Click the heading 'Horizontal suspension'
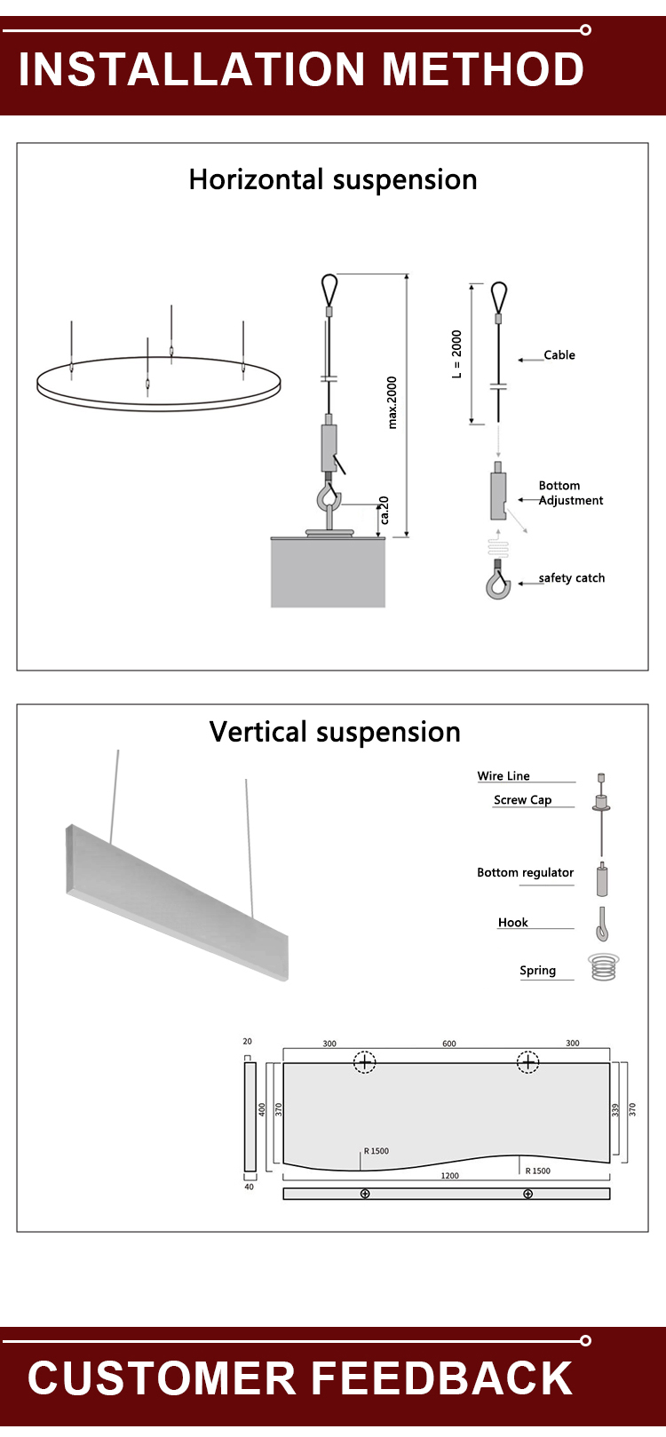click(x=333, y=180)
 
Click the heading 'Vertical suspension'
click(x=335, y=732)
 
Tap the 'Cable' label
click(x=559, y=355)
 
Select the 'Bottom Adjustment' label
click(x=570, y=493)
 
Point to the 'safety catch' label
click(x=572, y=578)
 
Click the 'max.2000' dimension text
click(x=392, y=402)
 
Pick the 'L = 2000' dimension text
click(x=457, y=354)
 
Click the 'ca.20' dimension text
click(x=385, y=510)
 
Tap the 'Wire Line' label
click(x=503, y=776)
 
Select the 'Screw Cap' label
click(x=523, y=800)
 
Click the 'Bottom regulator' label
click(x=526, y=873)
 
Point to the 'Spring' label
click(x=538, y=971)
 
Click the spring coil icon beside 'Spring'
click(x=603, y=966)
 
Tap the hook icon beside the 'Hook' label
click(x=602, y=925)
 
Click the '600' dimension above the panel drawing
click(x=449, y=1044)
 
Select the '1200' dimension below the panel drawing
click(x=450, y=1176)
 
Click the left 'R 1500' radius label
click(x=377, y=1151)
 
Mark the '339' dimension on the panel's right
click(x=615, y=1110)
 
